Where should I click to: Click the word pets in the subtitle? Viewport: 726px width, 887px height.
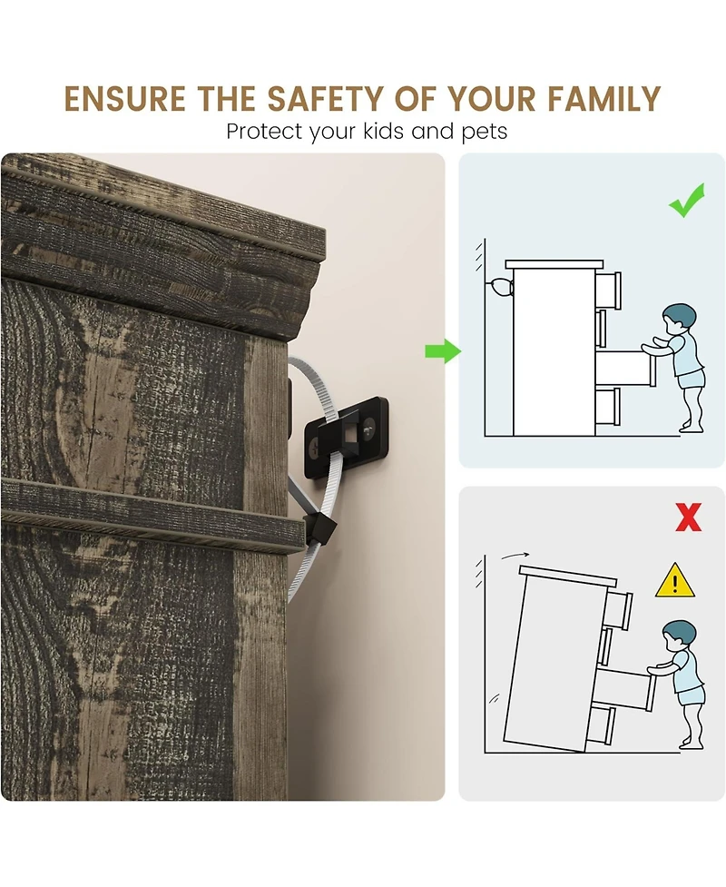pos(485,133)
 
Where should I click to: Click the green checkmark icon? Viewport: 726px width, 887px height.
pos(687,200)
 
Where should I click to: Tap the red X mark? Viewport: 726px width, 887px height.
pos(688,517)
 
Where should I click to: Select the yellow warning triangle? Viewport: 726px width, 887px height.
pos(674,580)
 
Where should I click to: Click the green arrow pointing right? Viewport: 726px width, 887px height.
pos(443,351)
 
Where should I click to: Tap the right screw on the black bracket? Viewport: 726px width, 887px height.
pos(369,428)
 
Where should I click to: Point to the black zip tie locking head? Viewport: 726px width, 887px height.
pos(321,528)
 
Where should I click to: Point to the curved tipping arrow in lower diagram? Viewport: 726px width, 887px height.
pos(515,556)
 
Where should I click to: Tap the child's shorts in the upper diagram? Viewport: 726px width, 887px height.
pos(691,378)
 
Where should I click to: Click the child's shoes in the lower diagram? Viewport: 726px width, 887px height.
pos(691,743)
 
